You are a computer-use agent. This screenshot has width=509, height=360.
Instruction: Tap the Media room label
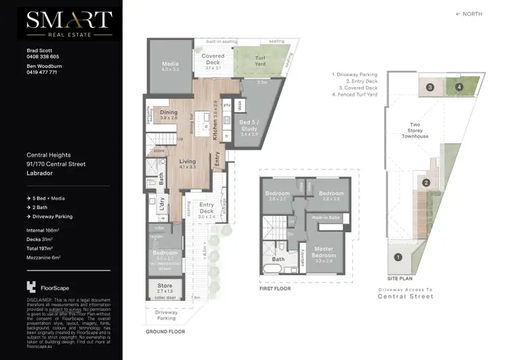170,66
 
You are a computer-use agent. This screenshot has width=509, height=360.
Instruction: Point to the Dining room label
168,115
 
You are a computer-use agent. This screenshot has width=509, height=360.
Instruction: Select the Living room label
168,164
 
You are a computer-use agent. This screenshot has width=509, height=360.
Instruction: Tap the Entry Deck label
206,208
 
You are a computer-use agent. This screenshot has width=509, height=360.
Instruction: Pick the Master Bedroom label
323,253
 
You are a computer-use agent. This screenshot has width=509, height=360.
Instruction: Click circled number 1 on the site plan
398,257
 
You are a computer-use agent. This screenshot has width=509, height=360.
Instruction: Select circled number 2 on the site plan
426,182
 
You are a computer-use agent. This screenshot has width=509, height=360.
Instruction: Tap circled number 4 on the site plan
459,87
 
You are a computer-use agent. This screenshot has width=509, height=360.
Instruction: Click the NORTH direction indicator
470,14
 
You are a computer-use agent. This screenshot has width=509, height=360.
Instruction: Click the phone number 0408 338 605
42,57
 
